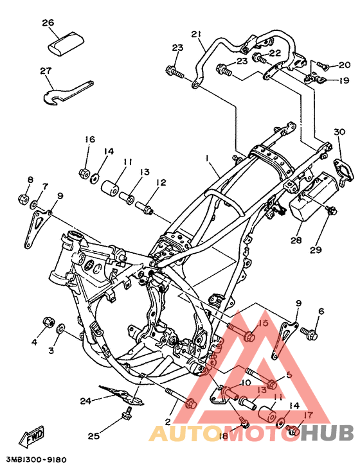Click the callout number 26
(x=48, y=22)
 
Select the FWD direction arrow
(x=32, y=437)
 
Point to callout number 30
(x=339, y=132)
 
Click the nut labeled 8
(x=23, y=199)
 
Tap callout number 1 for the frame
(x=208, y=158)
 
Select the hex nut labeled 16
(x=84, y=173)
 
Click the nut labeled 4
(x=49, y=322)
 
